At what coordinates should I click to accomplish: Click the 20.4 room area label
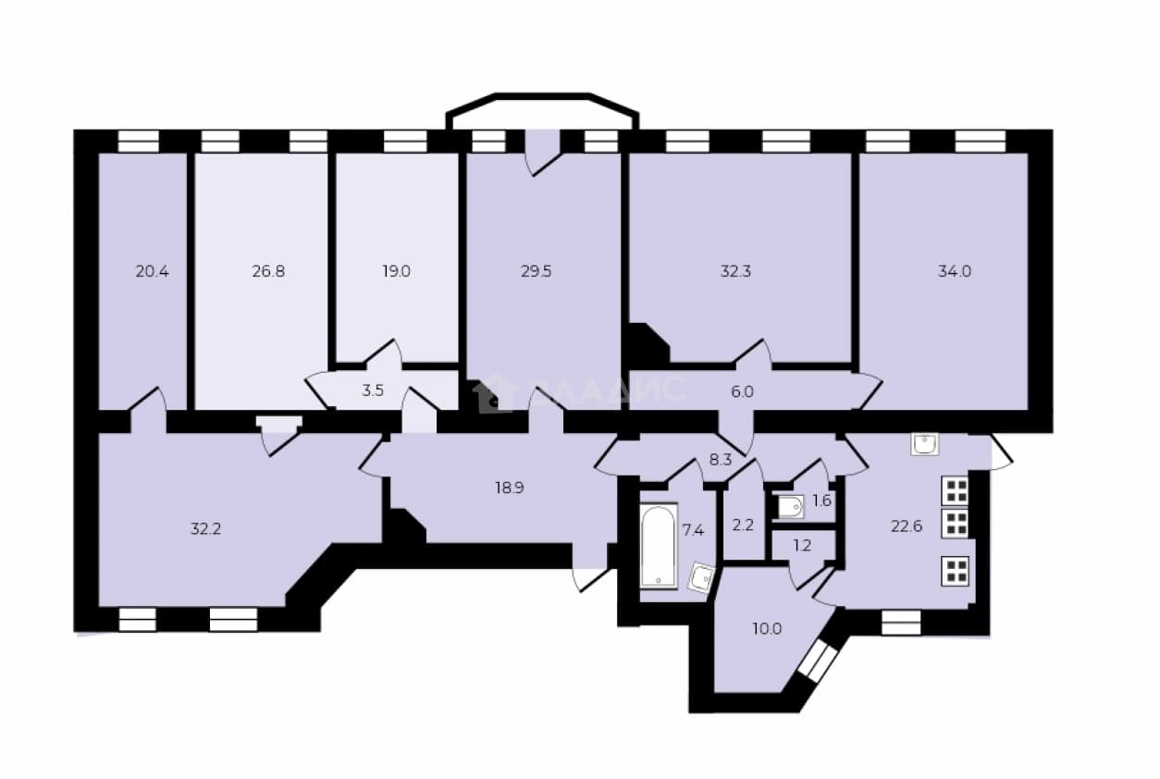153,271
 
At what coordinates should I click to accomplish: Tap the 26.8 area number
268,271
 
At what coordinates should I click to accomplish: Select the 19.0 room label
396,271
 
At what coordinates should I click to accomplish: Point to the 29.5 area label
536,271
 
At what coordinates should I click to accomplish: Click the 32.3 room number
735,271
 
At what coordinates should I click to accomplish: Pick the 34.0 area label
955,271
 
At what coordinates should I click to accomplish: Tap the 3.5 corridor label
373,390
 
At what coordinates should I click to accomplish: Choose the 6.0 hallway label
742,391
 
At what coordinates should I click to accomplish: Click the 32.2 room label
205,529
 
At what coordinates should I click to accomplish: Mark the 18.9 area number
510,488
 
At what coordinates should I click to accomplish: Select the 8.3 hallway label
721,460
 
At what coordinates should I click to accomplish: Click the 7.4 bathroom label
693,530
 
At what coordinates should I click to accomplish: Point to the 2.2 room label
743,526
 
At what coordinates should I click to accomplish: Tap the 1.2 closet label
802,546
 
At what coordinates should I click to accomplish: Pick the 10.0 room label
767,629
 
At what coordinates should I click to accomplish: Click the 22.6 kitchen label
907,526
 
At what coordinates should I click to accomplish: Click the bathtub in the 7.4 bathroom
659,546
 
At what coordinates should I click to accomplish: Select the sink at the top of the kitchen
924,444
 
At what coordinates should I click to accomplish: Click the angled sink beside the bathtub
701,577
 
